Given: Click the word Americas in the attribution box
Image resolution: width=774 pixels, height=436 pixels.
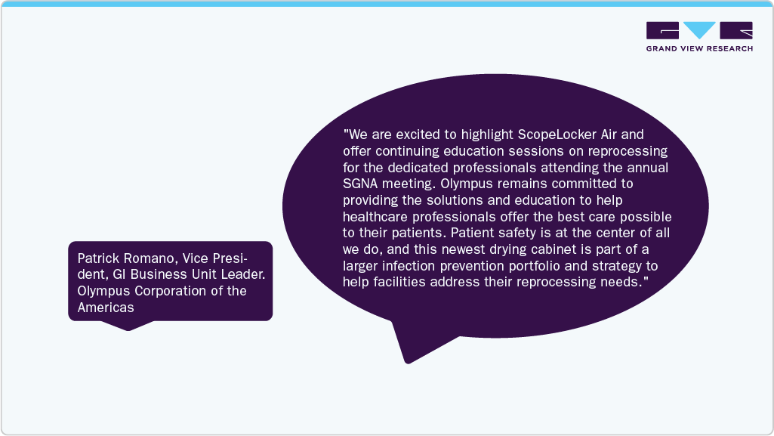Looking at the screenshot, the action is point(106,308).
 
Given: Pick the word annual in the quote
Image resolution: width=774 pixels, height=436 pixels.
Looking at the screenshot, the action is point(648,168).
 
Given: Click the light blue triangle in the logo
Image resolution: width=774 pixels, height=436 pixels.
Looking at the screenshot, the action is point(699,29).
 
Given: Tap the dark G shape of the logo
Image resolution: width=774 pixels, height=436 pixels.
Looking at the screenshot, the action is point(662,30).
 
